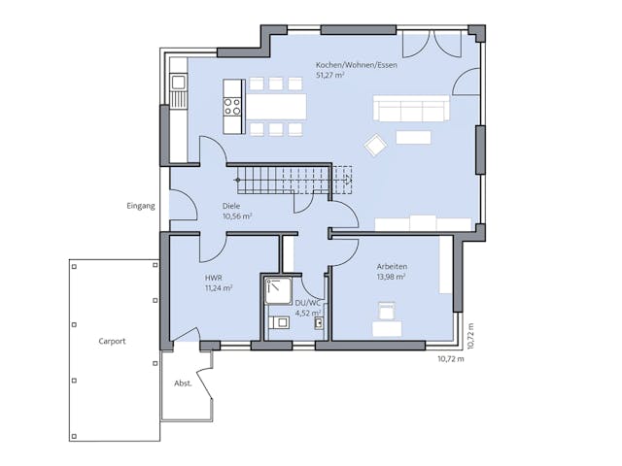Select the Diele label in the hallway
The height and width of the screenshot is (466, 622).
pyautogui.click(x=231, y=206)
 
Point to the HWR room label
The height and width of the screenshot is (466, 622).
pyautogui.click(x=212, y=278)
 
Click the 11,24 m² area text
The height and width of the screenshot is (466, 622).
pyautogui.click(x=218, y=288)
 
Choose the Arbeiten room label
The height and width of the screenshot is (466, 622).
pyautogui.click(x=392, y=266)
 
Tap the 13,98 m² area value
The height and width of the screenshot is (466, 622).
pyautogui.click(x=391, y=277)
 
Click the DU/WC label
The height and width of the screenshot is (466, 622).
pyautogui.click(x=308, y=303)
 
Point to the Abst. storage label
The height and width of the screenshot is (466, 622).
pyautogui.click(x=182, y=382)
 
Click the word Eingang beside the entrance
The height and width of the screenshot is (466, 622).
pyautogui.click(x=140, y=206)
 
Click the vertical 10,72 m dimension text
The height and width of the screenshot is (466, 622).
pyautogui.click(x=470, y=335)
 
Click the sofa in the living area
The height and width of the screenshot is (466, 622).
pyautogui.click(x=412, y=109)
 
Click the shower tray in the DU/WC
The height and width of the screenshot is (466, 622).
pyautogui.click(x=279, y=289)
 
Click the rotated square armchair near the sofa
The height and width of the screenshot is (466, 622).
pyautogui.click(x=376, y=145)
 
